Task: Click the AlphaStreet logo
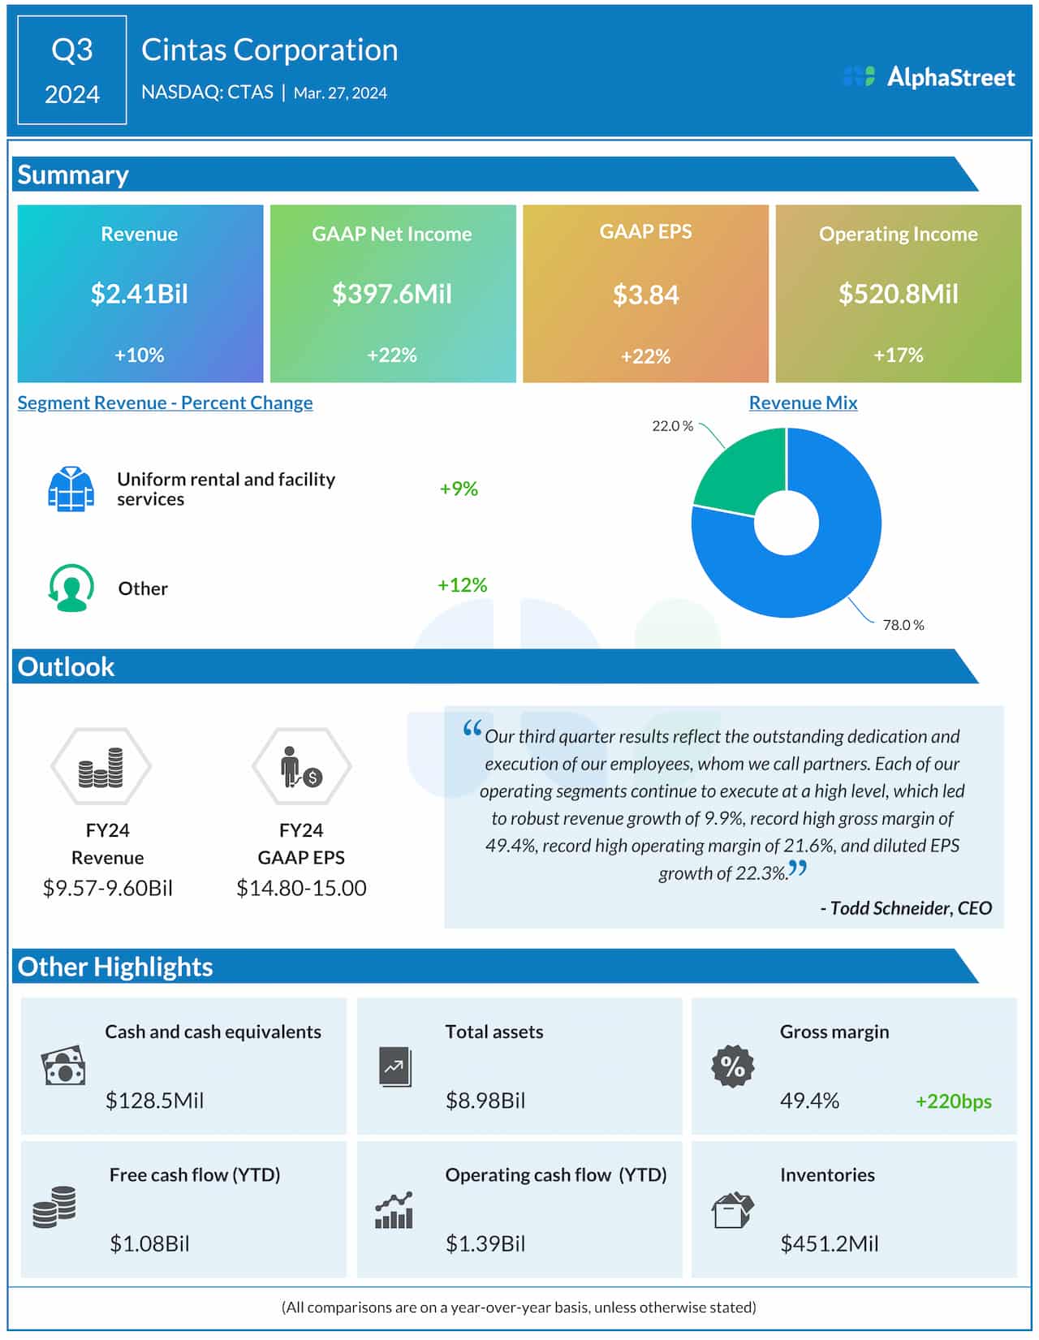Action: click(x=929, y=77)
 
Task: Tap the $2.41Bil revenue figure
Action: click(x=140, y=294)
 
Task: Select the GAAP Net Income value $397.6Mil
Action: click(x=392, y=294)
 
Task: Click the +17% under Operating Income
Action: click(x=898, y=355)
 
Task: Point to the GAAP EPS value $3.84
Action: click(x=645, y=295)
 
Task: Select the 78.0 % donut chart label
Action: click(x=903, y=625)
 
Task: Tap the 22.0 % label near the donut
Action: click(x=672, y=426)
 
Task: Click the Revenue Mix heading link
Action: click(x=803, y=403)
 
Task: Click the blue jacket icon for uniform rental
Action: click(x=71, y=489)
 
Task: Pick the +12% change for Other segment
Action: click(x=462, y=585)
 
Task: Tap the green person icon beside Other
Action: click(x=71, y=588)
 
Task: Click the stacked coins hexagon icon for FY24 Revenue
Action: click(x=101, y=767)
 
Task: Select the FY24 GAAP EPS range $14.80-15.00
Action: click(x=301, y=888)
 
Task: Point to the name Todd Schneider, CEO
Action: click(x=907, y=908)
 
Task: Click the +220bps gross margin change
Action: click(x=953, y=1101)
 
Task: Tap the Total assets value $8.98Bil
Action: click(x=485, y=1101)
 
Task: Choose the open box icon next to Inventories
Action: click(x=732, y=1210)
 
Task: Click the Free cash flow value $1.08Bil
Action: click(x=149, y=1243)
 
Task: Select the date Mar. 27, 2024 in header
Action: click(x=340, y=93)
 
